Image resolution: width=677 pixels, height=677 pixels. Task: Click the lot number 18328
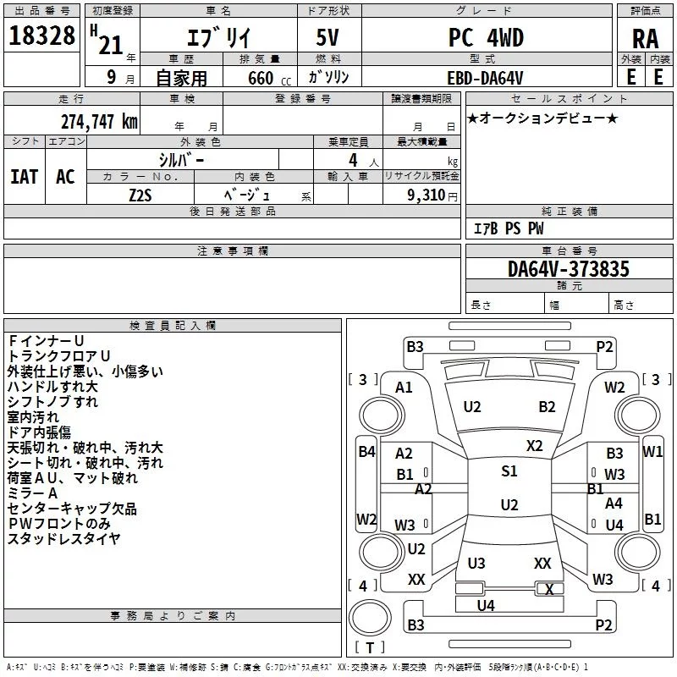pyautogui.click(x=41, y=36)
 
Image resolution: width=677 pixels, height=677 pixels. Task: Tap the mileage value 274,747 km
pyautogui.click(x=99, y=122)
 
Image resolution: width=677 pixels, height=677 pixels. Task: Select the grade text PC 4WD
pyautogui.click(x=486, y=37)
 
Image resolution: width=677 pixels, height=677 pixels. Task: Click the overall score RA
pyautogui.click(x=646, y=39)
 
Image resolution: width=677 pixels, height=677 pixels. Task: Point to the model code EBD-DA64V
pyautogui.click(x=485, y=78)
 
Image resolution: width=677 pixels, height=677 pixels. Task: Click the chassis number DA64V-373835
pyautogui.click(x=569, y=269)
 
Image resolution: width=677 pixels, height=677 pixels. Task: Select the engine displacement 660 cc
pyautogui.click(x=269, y=78)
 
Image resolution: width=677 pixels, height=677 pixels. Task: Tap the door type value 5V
pyautogui.click(x=327, y=37)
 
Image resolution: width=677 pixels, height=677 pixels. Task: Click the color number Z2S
pyautogui.click(x=140, y=195)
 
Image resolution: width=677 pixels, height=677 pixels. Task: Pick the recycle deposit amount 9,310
pyautogui.click(x=427, y=195)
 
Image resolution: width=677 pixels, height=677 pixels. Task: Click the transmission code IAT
pyautogui.click(x=25, y=177)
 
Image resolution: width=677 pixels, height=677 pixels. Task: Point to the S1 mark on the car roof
pyautogui.click(x=509, y=471)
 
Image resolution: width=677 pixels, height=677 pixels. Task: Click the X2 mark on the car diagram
pyautogui.click(x=534, y=446)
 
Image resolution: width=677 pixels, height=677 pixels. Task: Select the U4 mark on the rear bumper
pyautogui.click(x=486, y=605)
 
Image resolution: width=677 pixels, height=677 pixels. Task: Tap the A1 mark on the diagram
pyautogui.click(x=404, y=388)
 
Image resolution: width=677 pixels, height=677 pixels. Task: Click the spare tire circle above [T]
pyautogui.click(x=370, y=617)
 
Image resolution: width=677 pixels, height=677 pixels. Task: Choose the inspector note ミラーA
pyautogui.click(x=32, y=493)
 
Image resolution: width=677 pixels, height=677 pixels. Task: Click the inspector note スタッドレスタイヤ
pyautogui.click(x=64, y=538)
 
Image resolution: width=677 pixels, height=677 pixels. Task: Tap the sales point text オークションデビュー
pyautogui.click(x=542, y=118)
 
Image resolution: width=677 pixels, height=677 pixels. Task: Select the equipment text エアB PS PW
pyautogui.click(x=509, y=228)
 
